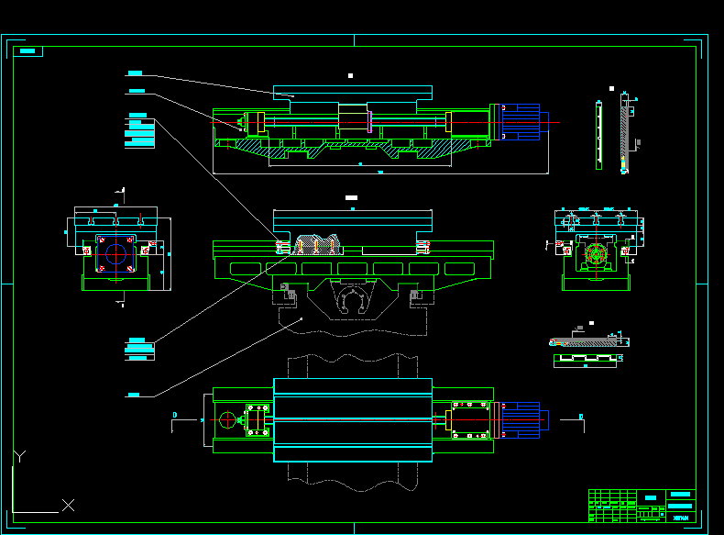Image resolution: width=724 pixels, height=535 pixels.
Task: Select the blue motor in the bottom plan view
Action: [x=522, y=420]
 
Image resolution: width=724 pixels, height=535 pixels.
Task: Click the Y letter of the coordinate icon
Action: [x=20, y=456]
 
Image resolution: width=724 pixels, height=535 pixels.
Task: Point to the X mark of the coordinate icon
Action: [x=68, y=505]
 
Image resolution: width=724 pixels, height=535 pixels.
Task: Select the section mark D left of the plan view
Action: [x=174, y=416]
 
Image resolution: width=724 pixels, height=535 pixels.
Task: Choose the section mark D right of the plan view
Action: [x=581, y=418]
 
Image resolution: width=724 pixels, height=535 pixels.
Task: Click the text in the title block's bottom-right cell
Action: [x=680, y=517]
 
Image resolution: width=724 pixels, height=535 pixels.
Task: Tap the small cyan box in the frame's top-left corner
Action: [x=30, y=51]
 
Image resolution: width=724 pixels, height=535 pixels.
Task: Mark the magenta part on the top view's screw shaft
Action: [x=369, y=121]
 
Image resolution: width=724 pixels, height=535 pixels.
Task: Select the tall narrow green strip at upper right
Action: [x=598, y=135]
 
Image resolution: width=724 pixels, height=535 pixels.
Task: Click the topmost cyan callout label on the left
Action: [x=135, y=72]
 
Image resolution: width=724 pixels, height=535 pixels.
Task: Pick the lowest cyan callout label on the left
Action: [x=134, y=395]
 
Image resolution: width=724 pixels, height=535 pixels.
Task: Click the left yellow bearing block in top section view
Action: [x=260, y=121]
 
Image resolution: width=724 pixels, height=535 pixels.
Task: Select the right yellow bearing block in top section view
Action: [x=449, y=121]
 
